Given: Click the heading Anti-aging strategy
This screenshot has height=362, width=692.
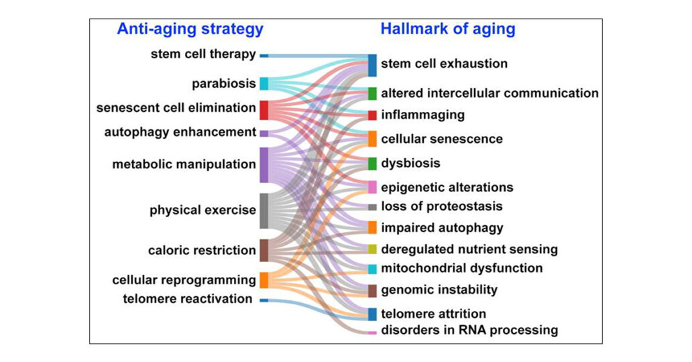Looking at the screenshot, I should [x=190, y=29].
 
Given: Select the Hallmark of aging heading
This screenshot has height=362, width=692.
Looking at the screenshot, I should [x=447, y=29].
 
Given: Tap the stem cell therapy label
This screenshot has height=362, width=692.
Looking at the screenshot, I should [x=203, y=54].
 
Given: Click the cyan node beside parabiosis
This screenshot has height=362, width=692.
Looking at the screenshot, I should [x=264, y=84].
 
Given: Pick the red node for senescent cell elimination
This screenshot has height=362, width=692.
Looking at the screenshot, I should [x=264, y=109].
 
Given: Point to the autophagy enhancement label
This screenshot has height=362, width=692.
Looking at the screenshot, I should [x=180, y=132].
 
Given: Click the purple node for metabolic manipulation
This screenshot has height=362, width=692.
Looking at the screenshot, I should [x=264, y=164].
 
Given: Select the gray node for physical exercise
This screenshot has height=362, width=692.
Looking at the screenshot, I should [x=264, y=210].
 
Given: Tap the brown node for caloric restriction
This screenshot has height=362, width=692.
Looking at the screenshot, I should [x=264, y=251].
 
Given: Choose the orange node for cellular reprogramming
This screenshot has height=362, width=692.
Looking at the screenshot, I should [x=264, y=280].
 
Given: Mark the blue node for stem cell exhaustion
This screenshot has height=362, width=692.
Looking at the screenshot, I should [x=372, y=64].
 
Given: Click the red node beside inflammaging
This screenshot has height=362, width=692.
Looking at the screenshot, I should [x=372, y=115].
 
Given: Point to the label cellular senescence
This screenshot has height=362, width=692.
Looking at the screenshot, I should [x=442, y=139].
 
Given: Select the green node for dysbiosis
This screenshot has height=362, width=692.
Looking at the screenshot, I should [x=372, y=164].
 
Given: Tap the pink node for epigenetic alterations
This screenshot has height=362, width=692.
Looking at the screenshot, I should [x=372, y=187].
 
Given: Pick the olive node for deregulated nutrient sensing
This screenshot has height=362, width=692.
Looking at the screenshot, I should [x=372, y=249].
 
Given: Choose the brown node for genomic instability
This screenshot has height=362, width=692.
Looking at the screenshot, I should [x=372, y=290].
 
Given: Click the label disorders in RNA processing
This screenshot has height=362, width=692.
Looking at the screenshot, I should [x=469, y=330].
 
